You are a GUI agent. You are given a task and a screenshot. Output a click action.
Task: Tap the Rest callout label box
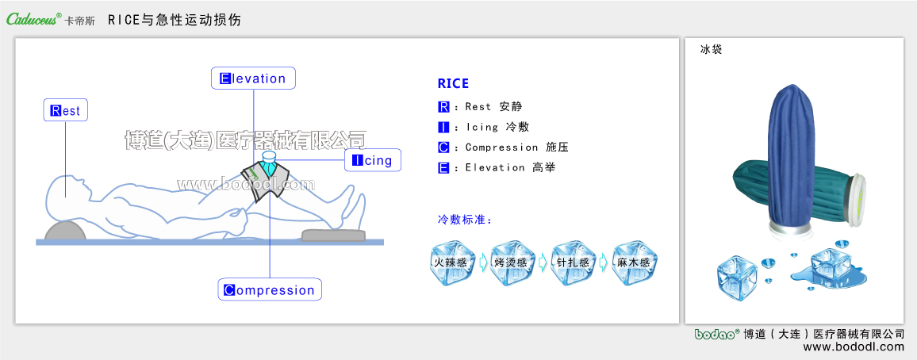65,111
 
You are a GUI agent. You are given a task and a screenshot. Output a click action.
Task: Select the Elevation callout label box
253,79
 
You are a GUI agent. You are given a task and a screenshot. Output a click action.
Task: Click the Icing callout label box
372,160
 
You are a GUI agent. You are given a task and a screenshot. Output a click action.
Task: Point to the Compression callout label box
270,289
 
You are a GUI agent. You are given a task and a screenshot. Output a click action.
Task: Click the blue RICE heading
453,84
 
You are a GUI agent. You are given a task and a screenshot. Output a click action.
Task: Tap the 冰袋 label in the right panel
711,49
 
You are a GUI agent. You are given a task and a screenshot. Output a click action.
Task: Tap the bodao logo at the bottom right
717,334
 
